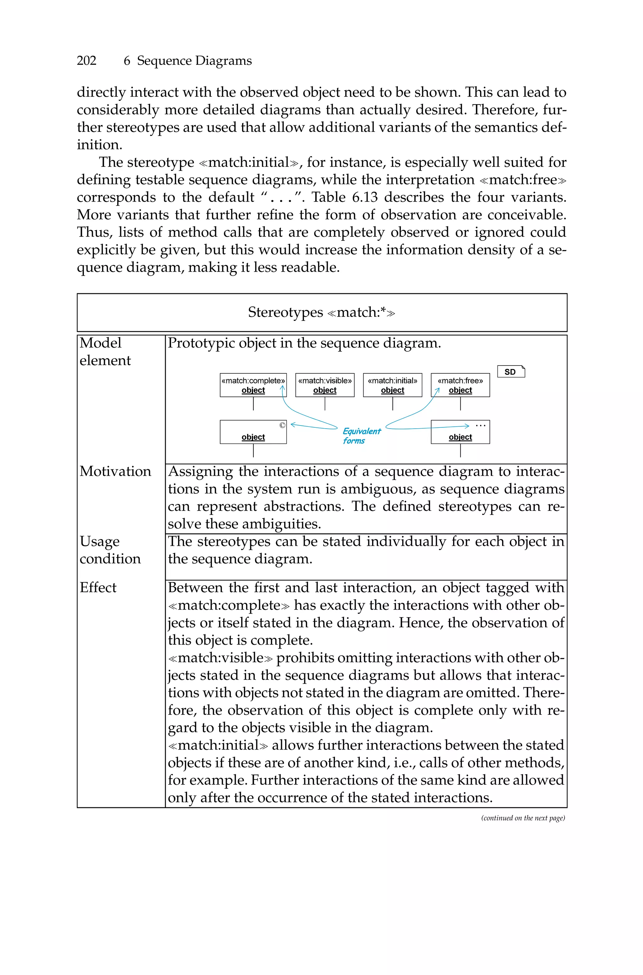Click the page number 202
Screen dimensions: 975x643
coord(87,61)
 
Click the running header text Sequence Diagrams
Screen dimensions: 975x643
coord(194,61)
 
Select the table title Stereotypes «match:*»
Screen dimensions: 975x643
coord(321,312)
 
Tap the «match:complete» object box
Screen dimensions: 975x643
coord(253,385)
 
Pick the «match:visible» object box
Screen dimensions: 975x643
coord(325,385)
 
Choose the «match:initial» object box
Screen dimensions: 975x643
coord(392,385)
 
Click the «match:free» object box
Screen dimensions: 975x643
coord(460,385)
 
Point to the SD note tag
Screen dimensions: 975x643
coord(511,372)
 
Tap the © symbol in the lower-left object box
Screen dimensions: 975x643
coord(282,425)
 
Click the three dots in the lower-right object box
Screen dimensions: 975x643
coord(481,425)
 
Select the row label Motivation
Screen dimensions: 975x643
coord(115,472)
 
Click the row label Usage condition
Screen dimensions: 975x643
coord(110,550)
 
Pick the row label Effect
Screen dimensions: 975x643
coord(98,588)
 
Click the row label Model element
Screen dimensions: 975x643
coord(105,351)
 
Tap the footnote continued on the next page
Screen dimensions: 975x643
coord(523,818)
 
